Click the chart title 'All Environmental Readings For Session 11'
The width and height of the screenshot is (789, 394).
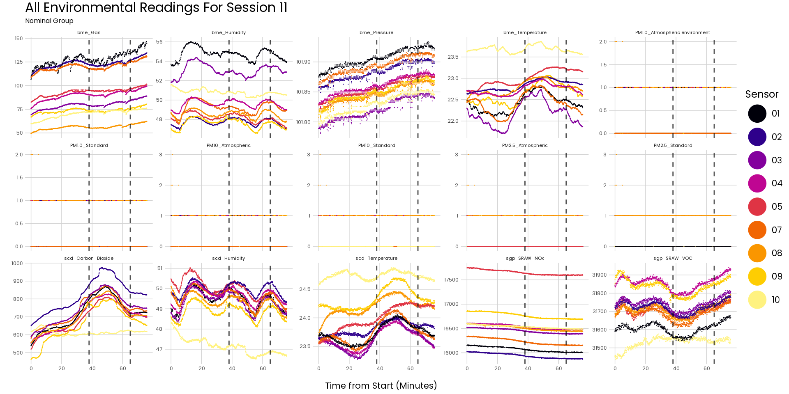point(156,8)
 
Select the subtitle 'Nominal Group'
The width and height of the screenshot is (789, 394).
point(49,21)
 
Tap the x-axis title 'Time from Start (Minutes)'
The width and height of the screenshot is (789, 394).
point(381,386)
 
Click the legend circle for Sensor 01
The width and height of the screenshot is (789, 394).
point(757,114)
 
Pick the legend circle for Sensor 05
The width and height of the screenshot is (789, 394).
point(757,207)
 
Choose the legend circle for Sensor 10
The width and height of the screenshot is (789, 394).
point(757,300)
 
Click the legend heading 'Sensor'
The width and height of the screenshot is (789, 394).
point(761,94)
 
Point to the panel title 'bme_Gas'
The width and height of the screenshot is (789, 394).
point(89,32)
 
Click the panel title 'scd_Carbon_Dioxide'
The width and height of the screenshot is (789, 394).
point(89,259)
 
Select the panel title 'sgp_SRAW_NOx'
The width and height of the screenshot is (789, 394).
point(525,259)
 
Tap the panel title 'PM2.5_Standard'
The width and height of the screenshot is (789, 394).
point(673,146)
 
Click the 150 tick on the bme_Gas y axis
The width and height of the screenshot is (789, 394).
point(19,39)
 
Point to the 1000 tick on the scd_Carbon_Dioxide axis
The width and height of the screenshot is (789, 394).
point(17,263)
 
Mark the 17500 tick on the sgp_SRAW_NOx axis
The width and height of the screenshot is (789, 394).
point(451,280)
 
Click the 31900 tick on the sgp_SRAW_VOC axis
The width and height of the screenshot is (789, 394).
point(599,275)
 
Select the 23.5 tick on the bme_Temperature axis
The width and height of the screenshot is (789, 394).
point(453,57)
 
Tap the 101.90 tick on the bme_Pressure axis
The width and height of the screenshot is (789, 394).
point(303,62)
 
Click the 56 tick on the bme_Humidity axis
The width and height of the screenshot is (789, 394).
point(159,42)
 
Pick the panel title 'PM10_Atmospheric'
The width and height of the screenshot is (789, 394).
point(228,146)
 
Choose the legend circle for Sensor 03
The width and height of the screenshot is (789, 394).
point(757,160)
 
